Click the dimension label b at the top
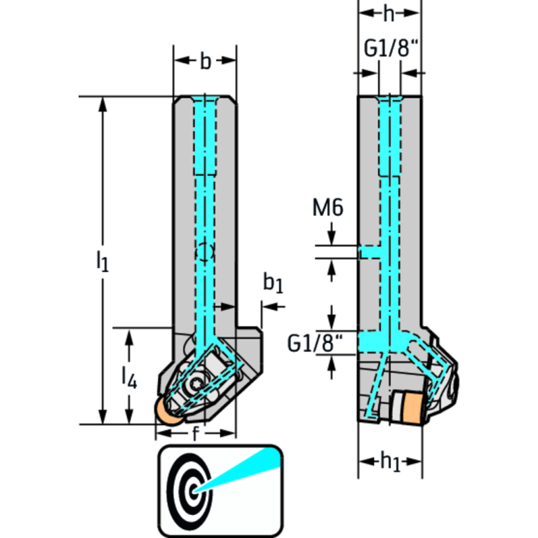pyautogui.click(x=205, y=62)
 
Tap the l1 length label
pyautogui.click(x=103, y=262)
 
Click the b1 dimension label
pyautogui.click(x=273, y=283)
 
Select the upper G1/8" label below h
pyautogui.click(x=390, y=50)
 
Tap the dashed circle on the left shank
pyautogui.click(x=203, y=251)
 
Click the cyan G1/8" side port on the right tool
pyautogui.click(x=369, y=342)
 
